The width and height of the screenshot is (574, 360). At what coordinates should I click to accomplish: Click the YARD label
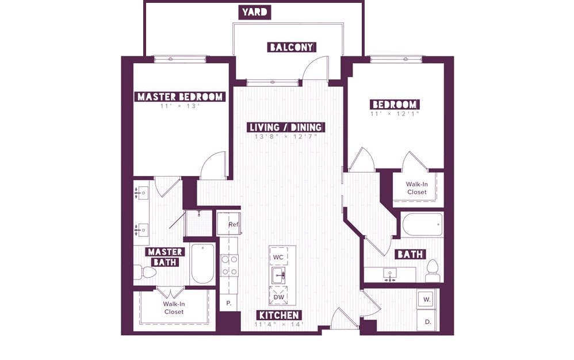[x=255, y=12]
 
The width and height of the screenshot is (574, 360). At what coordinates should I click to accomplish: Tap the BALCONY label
[x=292, y=47]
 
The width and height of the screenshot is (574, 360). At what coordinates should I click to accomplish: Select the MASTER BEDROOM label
[x=180, y=97]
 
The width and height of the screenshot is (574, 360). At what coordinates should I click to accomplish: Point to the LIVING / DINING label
[x=286, y=127]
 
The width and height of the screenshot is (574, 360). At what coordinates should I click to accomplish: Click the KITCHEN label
[x=279, y=315]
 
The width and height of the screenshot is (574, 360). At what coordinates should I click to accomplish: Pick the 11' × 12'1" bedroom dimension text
[x=394, y=114]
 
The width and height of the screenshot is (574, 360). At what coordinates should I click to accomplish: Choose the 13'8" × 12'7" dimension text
[x=286, y=136]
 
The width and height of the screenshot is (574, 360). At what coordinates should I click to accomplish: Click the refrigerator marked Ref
[x=229, y=224]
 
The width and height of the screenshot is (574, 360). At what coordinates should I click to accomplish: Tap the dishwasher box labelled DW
[x=278, y=296]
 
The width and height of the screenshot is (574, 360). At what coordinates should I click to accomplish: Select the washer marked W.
[x=427, y=299]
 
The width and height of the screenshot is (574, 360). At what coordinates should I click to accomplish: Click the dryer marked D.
[x=427, y=321]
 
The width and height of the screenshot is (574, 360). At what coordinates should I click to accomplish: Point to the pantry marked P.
[x=229, y=303]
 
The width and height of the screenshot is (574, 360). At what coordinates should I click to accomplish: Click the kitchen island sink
[x=278, y=275]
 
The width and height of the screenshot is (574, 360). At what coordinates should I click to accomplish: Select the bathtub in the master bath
[x=202, y=263]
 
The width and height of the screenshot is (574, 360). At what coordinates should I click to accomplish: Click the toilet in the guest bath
[x=433, y=271]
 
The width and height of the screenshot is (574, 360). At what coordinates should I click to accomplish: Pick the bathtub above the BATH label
[x=422, y=225]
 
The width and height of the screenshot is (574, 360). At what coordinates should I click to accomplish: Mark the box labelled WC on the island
[x=278, y=256]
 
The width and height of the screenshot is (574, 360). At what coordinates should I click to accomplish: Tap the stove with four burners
[x=229, y=265]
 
